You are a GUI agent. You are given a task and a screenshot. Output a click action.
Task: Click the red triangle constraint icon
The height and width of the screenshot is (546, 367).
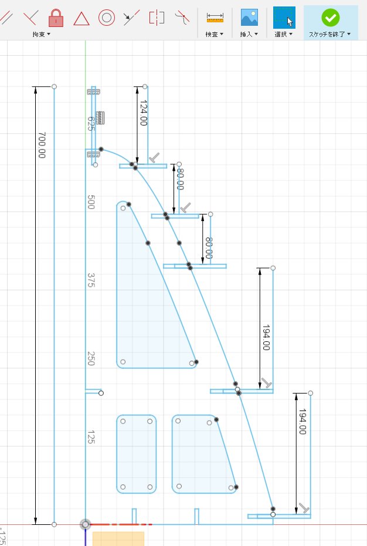pyautogui.click(x=81, y=18)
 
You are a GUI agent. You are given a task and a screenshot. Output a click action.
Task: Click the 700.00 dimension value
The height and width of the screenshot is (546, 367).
pyautogui.click(x=42, y=145)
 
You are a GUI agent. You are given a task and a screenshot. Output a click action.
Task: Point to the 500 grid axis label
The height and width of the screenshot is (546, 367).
pyautogui.click(x=91, y=202)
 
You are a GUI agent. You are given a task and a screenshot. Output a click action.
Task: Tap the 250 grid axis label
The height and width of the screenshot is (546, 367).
pyautogui.click(x=91, y=359)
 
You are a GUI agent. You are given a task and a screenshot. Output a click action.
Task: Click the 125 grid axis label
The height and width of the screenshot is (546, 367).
pyautogui.click(x=91, y=436)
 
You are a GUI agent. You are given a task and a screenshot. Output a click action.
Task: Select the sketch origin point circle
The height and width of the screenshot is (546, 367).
pyautogui.click(x=86, y=524)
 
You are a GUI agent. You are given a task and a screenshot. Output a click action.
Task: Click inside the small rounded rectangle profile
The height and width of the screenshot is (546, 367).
pyautogui.click(x=137, y=454)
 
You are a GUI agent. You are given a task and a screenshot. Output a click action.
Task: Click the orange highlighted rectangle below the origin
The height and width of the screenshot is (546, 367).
pyautogui.click(x=118, y=538)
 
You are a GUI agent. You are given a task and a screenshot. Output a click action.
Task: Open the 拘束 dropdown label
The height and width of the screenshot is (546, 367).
pyautogui.click(x=41, y=35)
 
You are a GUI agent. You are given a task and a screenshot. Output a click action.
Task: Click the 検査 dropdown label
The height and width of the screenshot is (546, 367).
pyautogui.click(x=213, y=35)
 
